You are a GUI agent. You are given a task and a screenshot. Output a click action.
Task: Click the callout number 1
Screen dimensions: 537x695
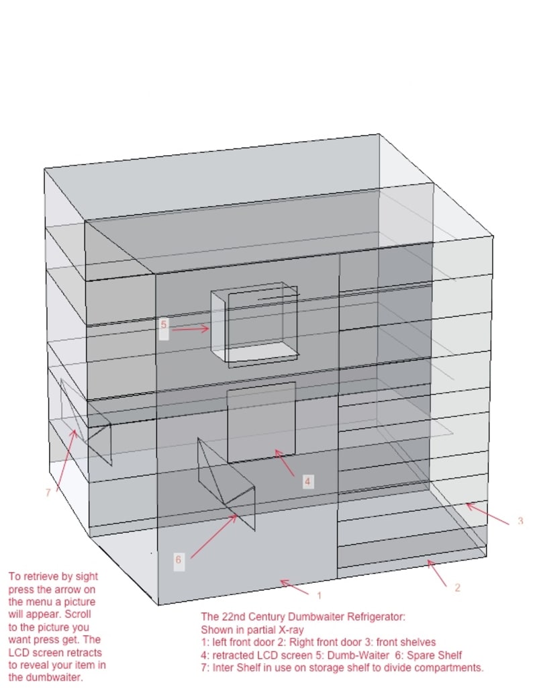(x=320, y=595)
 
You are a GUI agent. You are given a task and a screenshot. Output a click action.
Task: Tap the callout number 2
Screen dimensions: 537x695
(x=457, y=588)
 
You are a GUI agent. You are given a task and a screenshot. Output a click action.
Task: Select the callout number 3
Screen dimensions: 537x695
(x=520, y=521)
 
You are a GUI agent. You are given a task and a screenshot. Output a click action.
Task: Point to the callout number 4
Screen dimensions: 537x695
(x=307, y=481)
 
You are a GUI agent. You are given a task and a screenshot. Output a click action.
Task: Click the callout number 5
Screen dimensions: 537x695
(x=163, y=325)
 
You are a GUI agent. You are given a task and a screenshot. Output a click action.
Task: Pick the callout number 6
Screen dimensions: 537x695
(x=178, y=559)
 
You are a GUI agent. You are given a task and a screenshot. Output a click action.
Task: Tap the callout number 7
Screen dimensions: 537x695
(x=48, y=492)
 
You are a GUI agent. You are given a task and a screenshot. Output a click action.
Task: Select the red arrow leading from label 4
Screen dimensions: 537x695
(x=286, y=463)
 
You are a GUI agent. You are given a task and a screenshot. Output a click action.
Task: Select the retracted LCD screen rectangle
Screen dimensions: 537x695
(x=261, y=422)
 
